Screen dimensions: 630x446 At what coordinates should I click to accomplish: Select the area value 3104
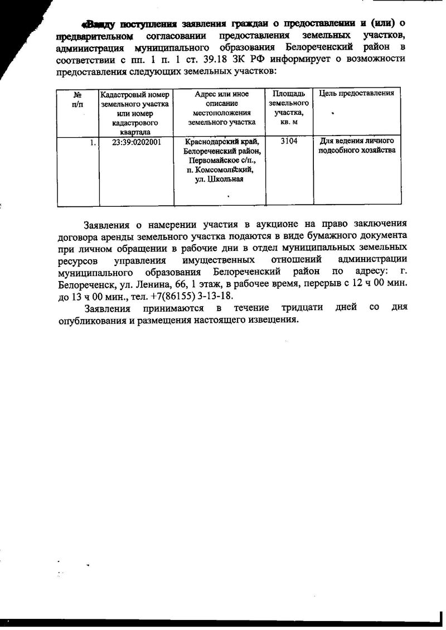[289, 142]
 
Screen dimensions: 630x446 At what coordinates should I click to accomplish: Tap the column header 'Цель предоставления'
[356, 93]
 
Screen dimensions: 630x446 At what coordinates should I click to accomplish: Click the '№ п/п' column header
[77, 99]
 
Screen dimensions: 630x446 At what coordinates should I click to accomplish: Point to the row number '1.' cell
[93, 142]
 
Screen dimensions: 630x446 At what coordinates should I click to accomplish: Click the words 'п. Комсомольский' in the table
[220, 169]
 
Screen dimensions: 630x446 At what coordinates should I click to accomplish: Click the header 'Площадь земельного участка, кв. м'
[289, 108]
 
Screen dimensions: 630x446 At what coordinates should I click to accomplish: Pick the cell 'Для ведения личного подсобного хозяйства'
[356, 146]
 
